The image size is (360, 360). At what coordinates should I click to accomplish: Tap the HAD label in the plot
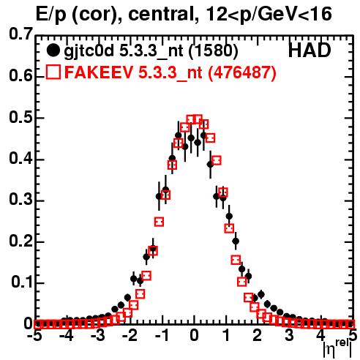310,50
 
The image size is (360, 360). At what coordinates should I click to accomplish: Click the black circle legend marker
53,50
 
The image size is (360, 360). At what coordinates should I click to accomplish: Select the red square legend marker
53,72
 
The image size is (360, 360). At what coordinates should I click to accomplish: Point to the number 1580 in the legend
214,51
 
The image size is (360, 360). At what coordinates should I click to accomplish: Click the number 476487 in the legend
241,72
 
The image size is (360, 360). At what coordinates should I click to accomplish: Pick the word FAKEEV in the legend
100,72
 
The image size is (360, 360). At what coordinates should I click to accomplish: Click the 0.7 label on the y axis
20,34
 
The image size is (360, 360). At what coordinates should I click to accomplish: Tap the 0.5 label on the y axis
20,118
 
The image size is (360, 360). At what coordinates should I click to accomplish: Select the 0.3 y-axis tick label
20,200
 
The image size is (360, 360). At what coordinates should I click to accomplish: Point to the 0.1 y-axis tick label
22,282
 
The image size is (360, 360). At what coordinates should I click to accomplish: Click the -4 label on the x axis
66,335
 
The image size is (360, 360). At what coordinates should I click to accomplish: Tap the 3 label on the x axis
289,335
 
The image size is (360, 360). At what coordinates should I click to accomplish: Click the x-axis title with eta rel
337,349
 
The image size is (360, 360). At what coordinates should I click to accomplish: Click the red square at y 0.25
159,222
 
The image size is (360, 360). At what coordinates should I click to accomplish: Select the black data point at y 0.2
236,241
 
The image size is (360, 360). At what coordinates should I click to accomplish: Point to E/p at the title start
51,15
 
